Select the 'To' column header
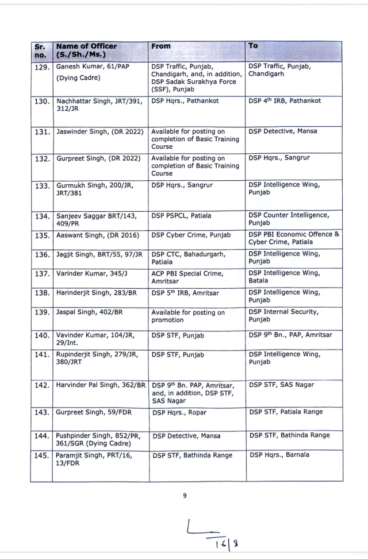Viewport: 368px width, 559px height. coord(254,45)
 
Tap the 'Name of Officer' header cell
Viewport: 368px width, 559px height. coord(86,50)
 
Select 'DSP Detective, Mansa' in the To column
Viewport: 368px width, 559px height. coord(282,131)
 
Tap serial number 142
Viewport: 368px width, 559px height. coord(43,385)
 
